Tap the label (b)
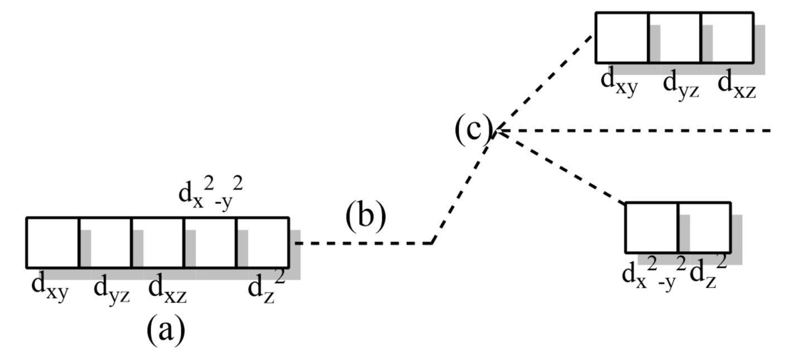click(x=366, y=217)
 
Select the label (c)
click(x=472, y=131)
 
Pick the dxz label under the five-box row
click(x=167, y=289)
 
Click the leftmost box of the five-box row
click(x=52, y=242)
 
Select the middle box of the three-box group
click(x=674, y=37)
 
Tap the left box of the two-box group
click(x=651, y=227)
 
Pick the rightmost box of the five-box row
click(x=262, y=242)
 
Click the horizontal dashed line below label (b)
click(x=363, y=243)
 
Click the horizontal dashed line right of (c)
click(x=636, y=131)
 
